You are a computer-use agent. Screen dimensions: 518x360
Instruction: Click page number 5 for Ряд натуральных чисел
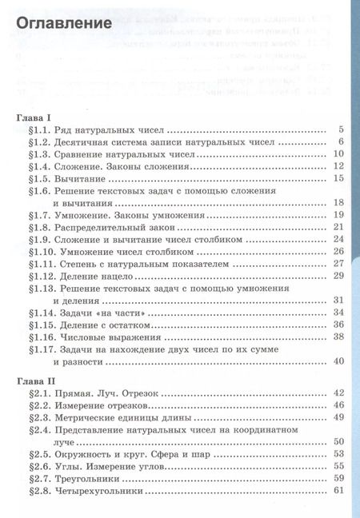tap(341, 130)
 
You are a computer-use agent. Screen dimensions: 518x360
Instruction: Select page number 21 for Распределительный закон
tap(338, 227)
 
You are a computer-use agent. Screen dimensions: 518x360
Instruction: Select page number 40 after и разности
tap(338, 361)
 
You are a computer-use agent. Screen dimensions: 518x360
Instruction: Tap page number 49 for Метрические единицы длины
tap(338, 417)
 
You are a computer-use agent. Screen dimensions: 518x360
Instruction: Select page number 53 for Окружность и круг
tap(338, 454)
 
